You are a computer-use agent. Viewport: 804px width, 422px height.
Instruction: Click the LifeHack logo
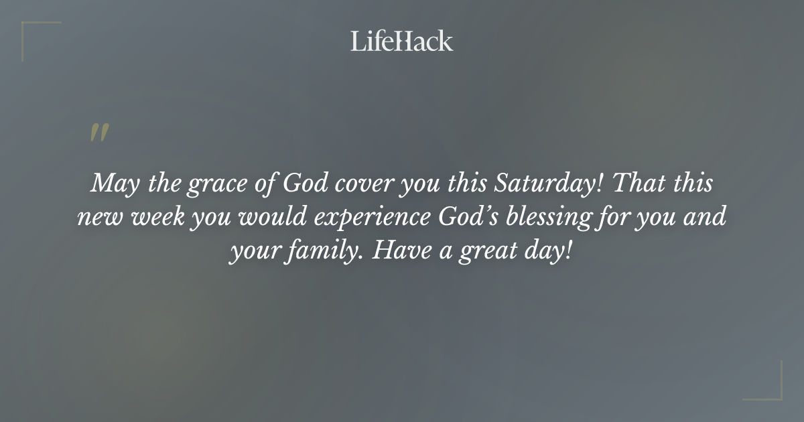click(x=401, y=41)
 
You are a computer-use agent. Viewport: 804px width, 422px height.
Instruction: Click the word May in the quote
click(x=109, y=183)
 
